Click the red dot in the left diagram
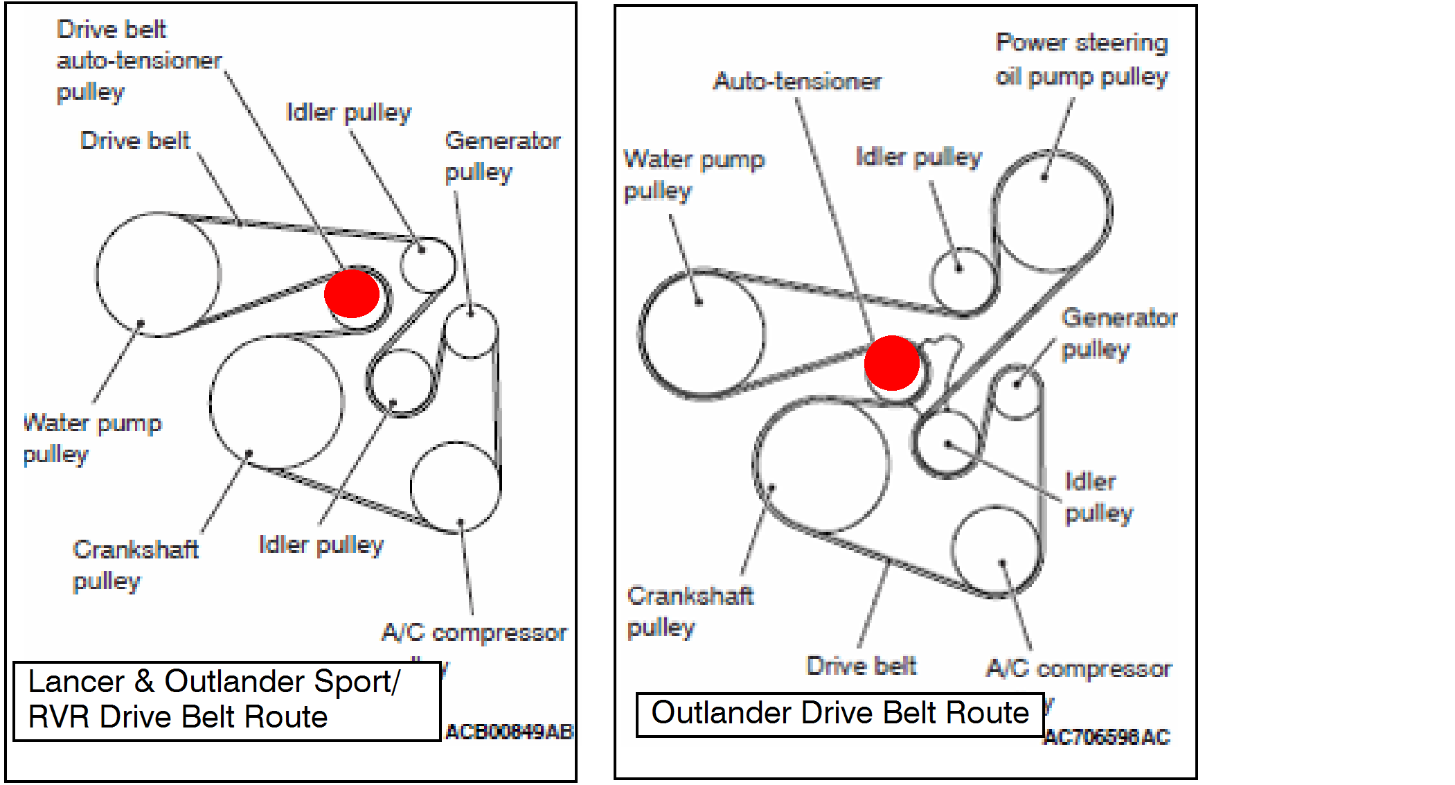pos(352,294)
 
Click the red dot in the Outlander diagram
pos(892,363)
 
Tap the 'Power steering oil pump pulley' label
pos(1081,60)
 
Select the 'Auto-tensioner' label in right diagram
pos(797,82)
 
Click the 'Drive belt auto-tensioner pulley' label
pos(139,61)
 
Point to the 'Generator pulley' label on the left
pos(502,156)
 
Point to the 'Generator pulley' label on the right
pos(1119,333)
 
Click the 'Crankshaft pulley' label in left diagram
pos(136,565)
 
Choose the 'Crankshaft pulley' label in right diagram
pos(690,611)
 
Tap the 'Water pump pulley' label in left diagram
pos(92,438)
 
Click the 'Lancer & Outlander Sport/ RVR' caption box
pos(227,700)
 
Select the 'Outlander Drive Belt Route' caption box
pos(840,714)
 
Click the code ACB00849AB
pos(509,732)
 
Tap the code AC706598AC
pos(1107,737)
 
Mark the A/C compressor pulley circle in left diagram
pos(455,487)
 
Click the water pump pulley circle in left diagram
pos(159,275)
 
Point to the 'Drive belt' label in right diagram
pos(862,666)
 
